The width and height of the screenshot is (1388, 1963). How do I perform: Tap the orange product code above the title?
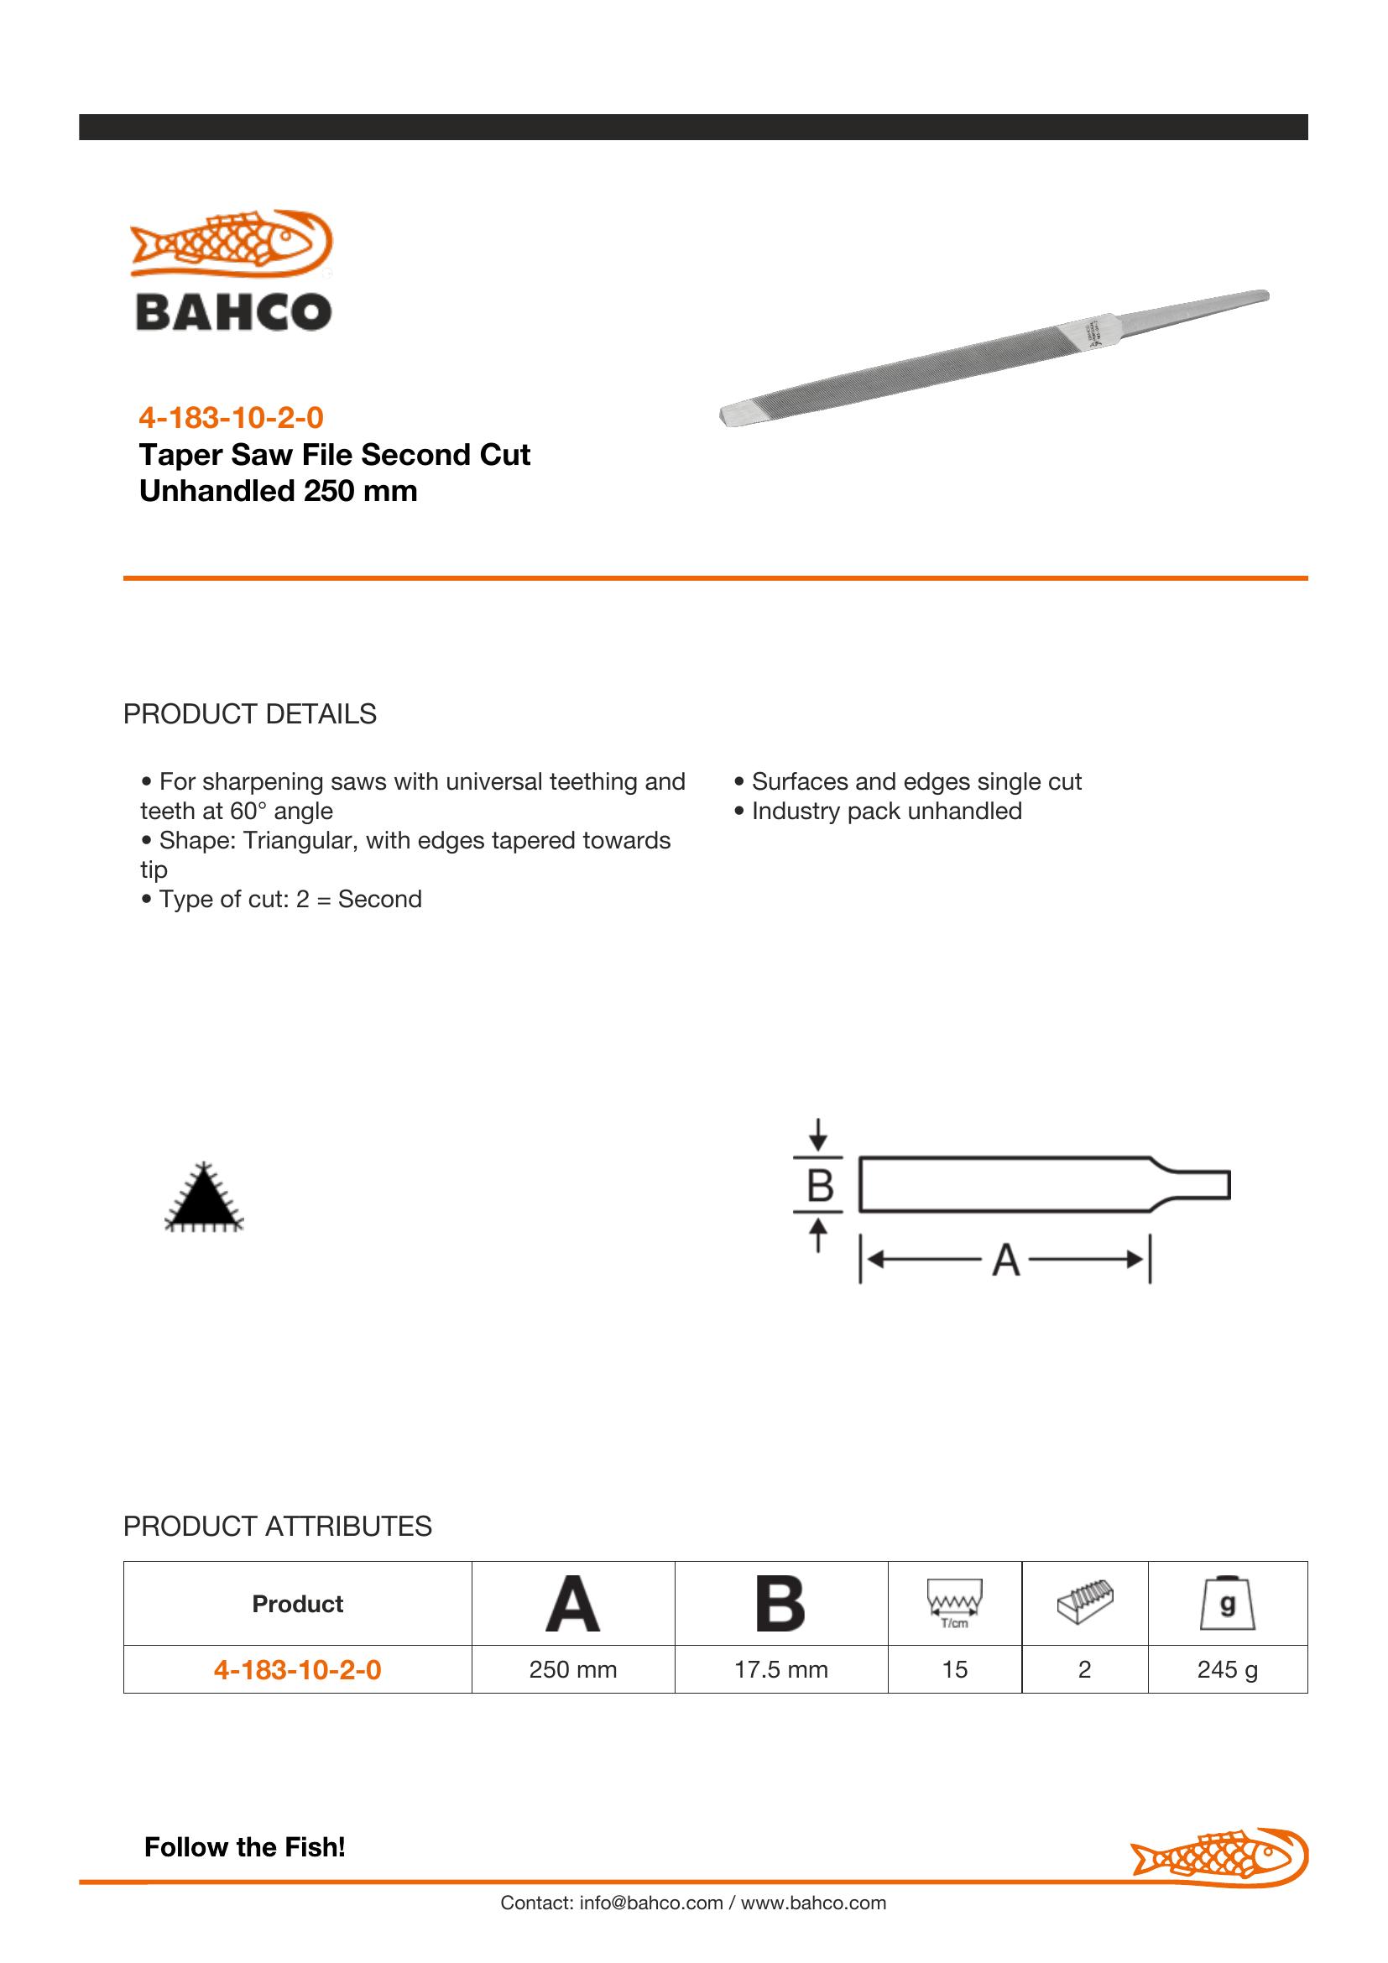click(231, 418)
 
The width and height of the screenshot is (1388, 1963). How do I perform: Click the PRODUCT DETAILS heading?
click(249, 714)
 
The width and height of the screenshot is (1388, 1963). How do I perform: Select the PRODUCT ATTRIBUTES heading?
click(277, 1526)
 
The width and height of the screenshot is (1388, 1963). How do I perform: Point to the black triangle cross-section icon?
click(203, 1199)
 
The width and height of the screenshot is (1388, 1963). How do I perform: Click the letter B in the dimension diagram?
click(820, 1186)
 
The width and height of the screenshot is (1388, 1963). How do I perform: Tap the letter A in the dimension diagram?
click(1006, 1260)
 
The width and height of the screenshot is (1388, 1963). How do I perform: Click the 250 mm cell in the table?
click(572, 1669)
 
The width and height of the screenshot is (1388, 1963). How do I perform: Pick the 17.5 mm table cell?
click(781, 1669)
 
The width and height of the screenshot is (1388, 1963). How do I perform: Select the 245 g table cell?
click(1228, 1669)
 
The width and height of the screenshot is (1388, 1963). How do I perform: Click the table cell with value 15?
click(955, 1669)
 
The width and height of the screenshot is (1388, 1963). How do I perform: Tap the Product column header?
click(297, 1604)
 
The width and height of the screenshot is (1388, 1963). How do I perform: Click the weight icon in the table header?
click(1228, 1603)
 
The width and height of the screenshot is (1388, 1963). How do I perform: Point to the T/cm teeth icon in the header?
click(955, 1603)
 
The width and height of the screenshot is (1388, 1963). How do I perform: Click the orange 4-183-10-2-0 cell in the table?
click(297, 1669)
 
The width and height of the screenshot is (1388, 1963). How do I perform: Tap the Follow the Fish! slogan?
click(244, 1847)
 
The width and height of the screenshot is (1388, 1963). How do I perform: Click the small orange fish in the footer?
click(1218, 1856)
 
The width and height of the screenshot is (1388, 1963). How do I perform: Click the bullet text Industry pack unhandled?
click(886, 812)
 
